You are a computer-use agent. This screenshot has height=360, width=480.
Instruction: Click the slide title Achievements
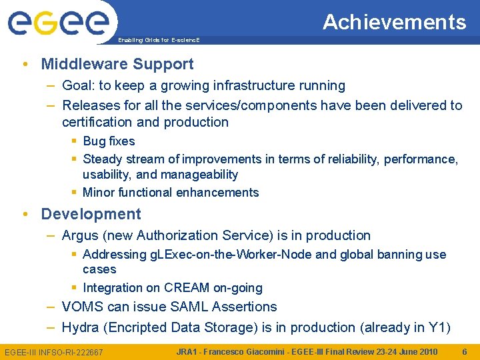click(394, 22)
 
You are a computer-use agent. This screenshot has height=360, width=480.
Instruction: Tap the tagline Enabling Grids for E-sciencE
click(159, 41)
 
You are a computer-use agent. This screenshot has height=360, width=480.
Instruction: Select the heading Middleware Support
click(117, 64)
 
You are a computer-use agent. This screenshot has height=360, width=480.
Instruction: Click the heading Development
click(91, 214)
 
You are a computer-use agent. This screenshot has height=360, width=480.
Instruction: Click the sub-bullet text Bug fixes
click(109, 141)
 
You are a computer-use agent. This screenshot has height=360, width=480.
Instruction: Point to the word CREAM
click(187, 288)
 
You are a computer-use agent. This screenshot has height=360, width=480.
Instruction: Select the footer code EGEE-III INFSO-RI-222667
click(54, 352)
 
